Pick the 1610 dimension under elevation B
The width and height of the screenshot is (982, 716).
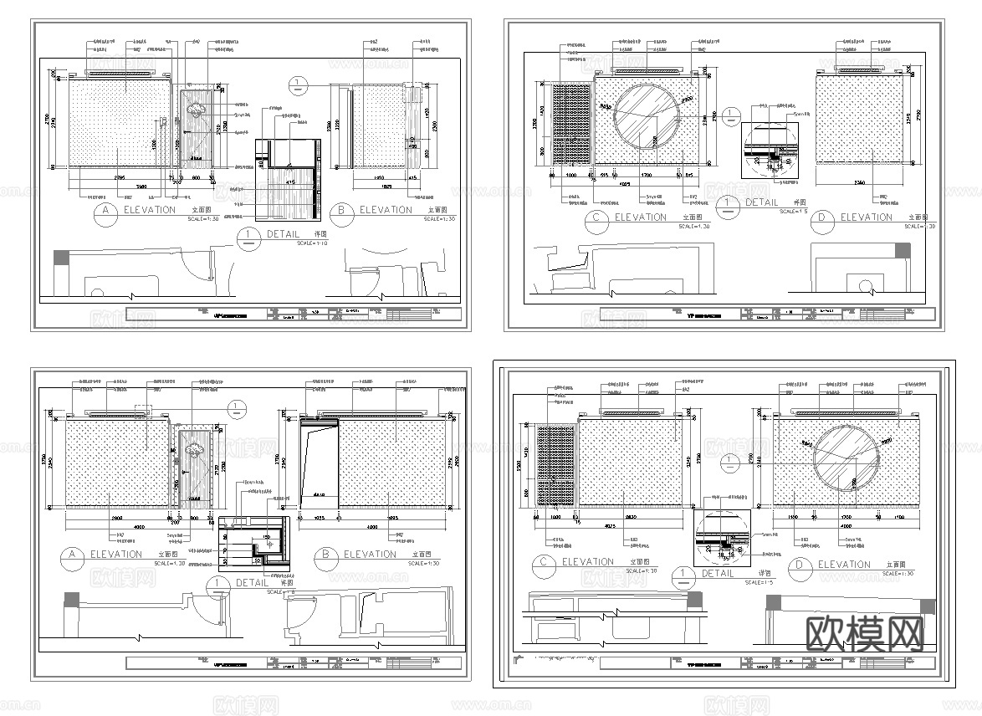(x=377, y=178)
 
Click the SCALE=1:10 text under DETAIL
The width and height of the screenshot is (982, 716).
(x=313, y=244)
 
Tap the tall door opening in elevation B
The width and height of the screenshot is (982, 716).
(x=319, y=463)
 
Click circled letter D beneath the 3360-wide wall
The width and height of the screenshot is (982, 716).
(x=824, y=217)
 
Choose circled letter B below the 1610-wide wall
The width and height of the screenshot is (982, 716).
(x=341, y=211)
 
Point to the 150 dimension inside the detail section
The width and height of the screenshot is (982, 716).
(x=266, y=536)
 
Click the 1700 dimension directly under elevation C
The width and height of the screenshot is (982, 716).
(x=645, y=176)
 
